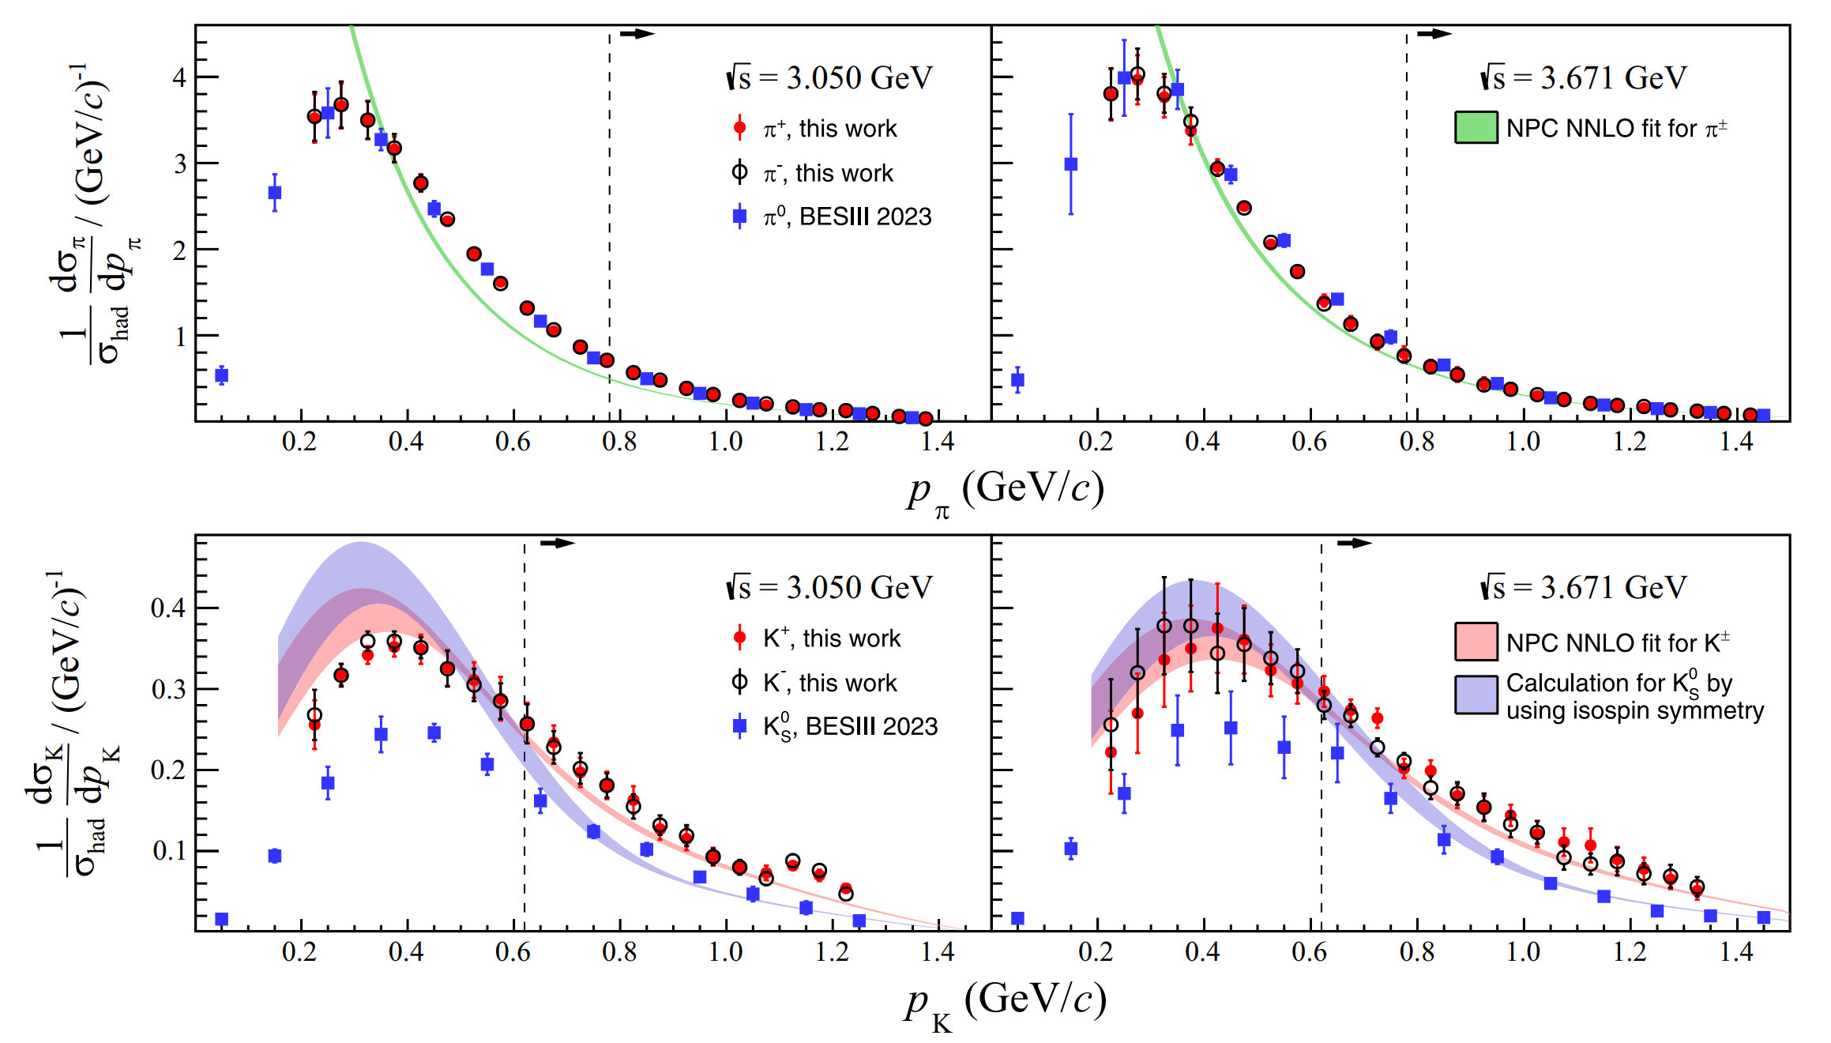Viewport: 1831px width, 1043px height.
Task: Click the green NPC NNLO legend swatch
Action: click(x=1476, y=127)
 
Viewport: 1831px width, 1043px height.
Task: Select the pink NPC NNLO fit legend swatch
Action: click(x=1476, y=641)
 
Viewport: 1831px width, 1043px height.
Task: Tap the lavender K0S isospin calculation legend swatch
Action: click(x=1476, y=695)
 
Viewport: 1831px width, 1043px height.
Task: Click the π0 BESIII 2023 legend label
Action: click(x=848, y=217)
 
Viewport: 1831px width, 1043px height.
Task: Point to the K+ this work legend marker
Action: click(x=739, y=637)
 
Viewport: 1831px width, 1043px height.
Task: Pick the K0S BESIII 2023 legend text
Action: click(x=850, y=727)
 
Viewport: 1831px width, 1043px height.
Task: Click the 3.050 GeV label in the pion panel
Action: click(x=830, y=78)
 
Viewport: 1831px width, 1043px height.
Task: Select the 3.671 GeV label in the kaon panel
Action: click(x=1584, y=588)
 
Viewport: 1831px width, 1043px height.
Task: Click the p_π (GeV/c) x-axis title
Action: click(x=1004, y=491)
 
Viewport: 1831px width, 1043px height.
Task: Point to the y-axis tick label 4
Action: click(x=179, y=77)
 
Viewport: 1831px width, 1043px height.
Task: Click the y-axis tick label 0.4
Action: click(x=168, y=608)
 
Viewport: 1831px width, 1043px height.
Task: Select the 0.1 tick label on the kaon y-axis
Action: click(x=168, y=851)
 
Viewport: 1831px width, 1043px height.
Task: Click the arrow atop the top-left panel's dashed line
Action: click(x=637, y=33)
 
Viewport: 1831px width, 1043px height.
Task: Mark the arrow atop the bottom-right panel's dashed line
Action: click(x=1354, y=543)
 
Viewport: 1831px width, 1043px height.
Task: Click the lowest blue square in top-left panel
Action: click(x=222, y=375)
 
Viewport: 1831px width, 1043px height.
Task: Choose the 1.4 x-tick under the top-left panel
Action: click(x=938, y=442)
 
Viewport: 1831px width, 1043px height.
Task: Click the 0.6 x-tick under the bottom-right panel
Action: click(x=1310, y=951)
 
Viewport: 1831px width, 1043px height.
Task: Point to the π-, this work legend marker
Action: click(x=739, y=172)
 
